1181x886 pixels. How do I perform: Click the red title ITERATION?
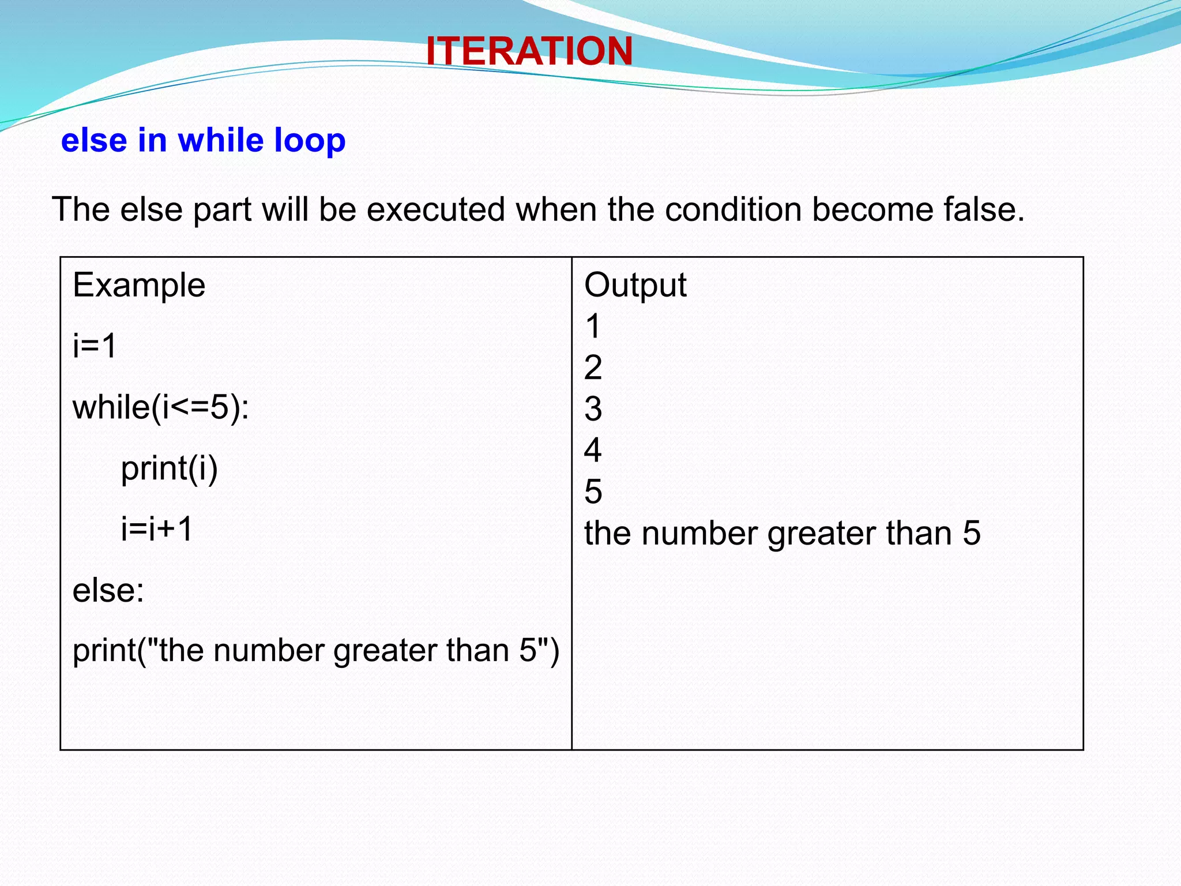click(x=529, y=51)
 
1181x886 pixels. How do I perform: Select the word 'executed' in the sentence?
click(x=435, y=209)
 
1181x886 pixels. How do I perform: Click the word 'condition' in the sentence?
click(x=733, y=209)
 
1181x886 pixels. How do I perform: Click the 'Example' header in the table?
click(x=139, y=285)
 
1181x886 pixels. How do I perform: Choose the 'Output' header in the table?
click(x=635, y=285)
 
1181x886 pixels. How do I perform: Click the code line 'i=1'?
click(x=95, y=346)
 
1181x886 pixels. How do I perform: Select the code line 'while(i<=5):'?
click(x=161, y=407)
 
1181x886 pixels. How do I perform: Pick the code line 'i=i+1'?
click(x=157, y=528)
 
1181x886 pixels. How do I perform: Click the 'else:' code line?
click(x=108, y=590)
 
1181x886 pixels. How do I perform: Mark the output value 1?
click(x=593, y=326)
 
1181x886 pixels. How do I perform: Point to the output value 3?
click(x=593, y=409)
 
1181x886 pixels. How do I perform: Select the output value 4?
click(x=593, y=450)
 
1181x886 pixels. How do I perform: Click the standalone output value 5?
click(x=593, y=491)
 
